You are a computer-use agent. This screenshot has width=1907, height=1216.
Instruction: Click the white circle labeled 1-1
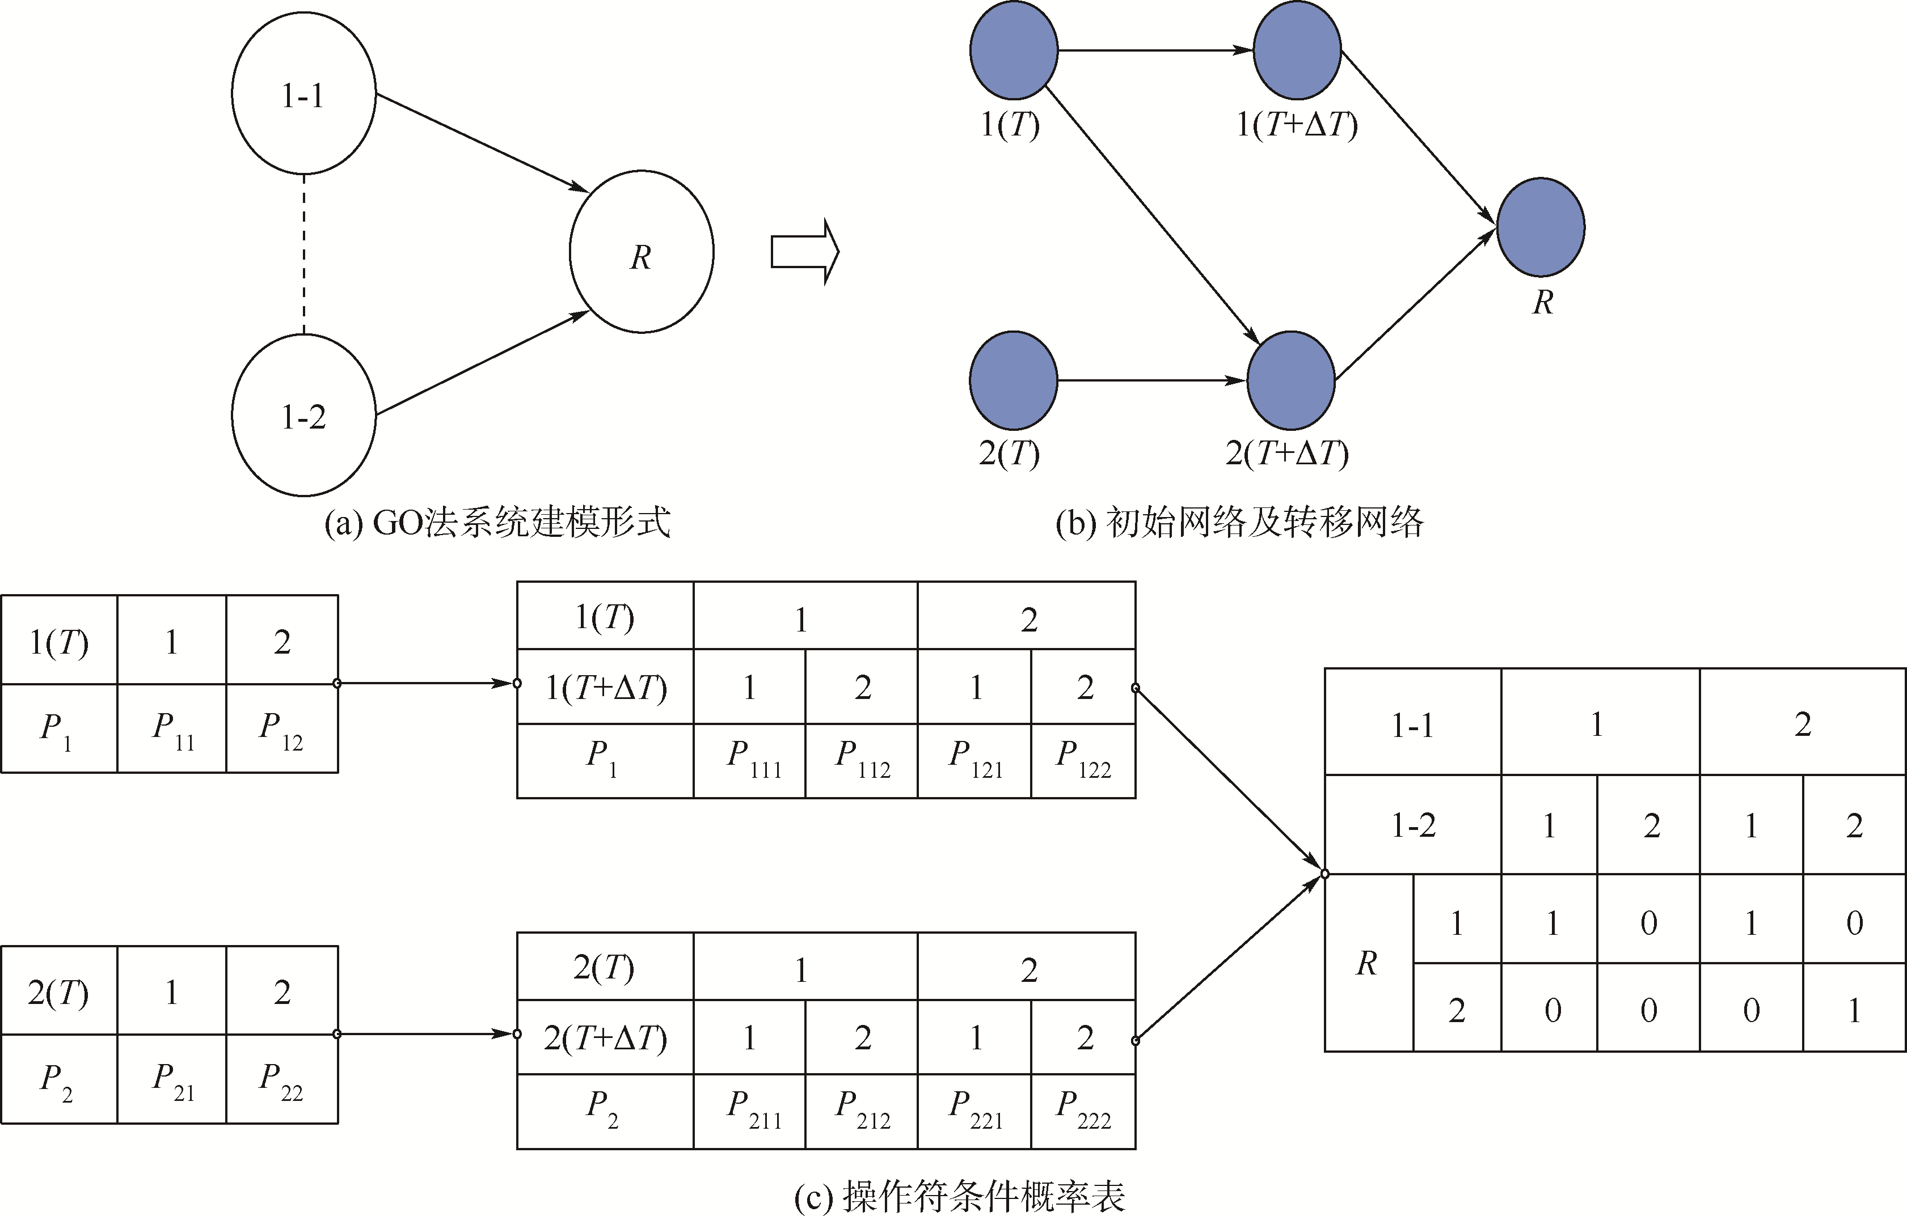point(303,94)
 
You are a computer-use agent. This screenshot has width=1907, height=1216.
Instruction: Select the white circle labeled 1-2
point(303,415)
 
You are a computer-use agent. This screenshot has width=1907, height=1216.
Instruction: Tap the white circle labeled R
point(642,252)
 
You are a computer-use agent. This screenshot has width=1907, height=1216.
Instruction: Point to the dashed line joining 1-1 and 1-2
point(304,253)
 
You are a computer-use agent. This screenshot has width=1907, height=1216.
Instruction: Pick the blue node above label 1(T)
point(1014,50)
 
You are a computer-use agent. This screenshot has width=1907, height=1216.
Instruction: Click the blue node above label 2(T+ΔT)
point(1291,380)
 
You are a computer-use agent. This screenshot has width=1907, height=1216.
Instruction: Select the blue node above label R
point(1541,227)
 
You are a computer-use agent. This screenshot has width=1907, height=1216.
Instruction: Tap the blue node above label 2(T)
point(1014,380)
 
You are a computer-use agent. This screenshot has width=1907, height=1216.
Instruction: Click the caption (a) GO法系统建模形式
point(497,523)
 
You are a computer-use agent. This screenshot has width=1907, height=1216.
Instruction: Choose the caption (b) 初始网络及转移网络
point(1239,523)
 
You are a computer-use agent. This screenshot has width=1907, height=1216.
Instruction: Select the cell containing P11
point(172,728)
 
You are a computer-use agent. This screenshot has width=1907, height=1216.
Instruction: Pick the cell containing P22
point(282,1079)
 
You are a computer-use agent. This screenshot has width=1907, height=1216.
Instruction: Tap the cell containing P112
point(862,761)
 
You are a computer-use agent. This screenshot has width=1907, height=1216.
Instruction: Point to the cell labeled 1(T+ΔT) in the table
point(605,687)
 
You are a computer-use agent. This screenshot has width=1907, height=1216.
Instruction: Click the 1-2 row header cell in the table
point(1413,825)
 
